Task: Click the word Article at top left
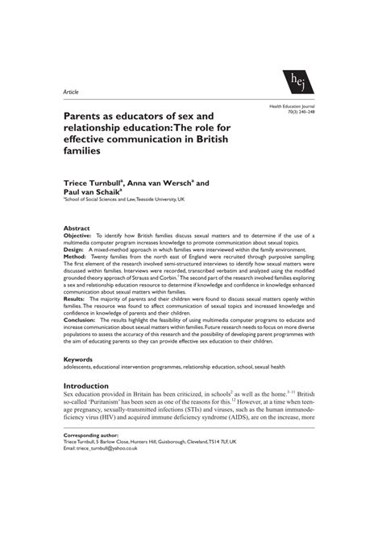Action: coord(73,93)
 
